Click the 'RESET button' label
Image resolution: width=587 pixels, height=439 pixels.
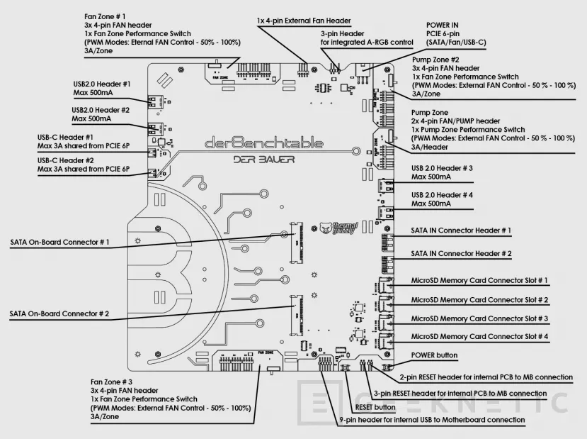pos(375,407)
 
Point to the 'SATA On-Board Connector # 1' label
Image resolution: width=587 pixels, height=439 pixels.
pos(59,243)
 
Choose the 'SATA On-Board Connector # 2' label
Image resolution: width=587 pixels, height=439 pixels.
pos(59,313)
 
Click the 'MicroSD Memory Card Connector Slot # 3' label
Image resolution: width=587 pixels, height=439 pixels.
pos(479,318)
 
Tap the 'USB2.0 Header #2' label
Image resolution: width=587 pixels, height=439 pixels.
pos(101,110)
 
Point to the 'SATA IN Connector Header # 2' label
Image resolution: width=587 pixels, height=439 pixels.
pos(461,253)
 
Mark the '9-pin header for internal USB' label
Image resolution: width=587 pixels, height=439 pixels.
pos(432,420)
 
